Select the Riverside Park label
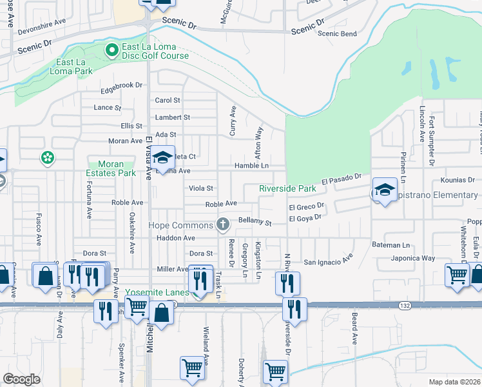pos(287,189)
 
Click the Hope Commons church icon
pos(223,224)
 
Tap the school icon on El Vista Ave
pos(163,157)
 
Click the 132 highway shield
pos(405,304)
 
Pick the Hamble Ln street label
pos(251,166)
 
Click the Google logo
pos(21,379)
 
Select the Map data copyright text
pos(455,382)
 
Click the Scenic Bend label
pos(337,34)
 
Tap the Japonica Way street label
pos(413,258)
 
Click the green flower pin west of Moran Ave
pos(47,157)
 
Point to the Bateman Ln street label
pos(391,245)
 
